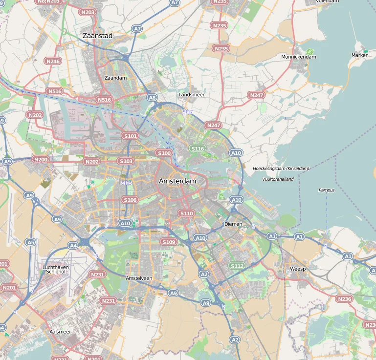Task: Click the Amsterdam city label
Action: pos(177,181)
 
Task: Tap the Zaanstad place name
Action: pos(98,36)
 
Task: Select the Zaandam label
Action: pos(116,78)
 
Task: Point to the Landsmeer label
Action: pos(192,94)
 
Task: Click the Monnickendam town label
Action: pos(298,57)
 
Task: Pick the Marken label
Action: pos(360,55)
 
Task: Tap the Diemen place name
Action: pos(233,224)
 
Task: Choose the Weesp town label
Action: pos(297,269)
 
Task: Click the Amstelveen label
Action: pos(139,278)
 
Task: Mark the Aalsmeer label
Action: pos(60,332)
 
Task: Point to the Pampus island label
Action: pos(327,190)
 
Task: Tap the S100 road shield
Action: pos(164,153)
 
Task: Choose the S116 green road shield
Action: pos(198,148)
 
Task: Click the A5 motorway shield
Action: pos(31,242)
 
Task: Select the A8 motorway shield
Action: pos(153,98)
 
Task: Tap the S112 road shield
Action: pos(237,266)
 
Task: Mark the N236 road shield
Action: pos(345,299)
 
